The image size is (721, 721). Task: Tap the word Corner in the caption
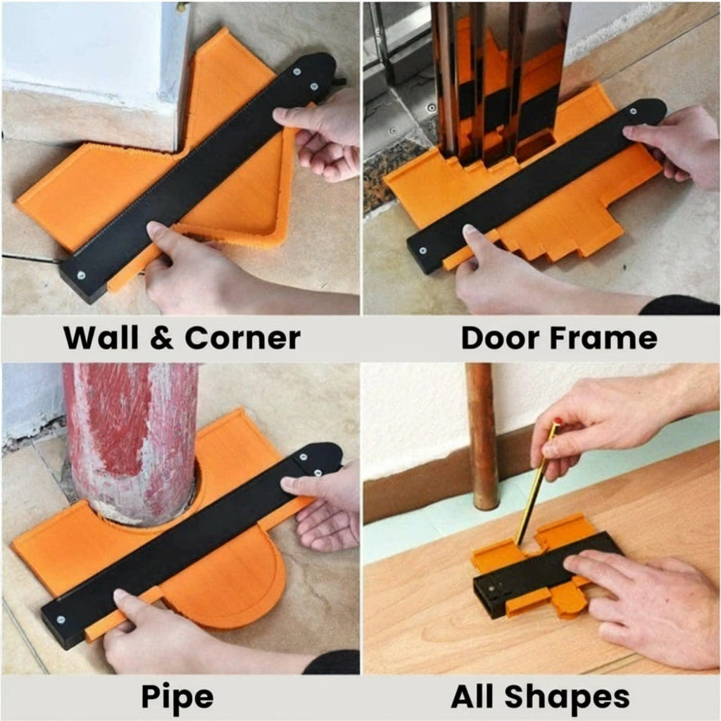(243, 338)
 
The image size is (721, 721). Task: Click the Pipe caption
(177, 697)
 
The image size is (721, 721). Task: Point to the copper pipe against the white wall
(482, 437)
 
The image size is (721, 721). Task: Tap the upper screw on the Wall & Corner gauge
(296, 70)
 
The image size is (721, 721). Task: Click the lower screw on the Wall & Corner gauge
(82, 275)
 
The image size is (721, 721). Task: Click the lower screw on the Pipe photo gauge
(61, 620)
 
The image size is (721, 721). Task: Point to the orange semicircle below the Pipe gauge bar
(232, 584)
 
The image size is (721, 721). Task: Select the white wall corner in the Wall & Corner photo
(92, 56)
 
